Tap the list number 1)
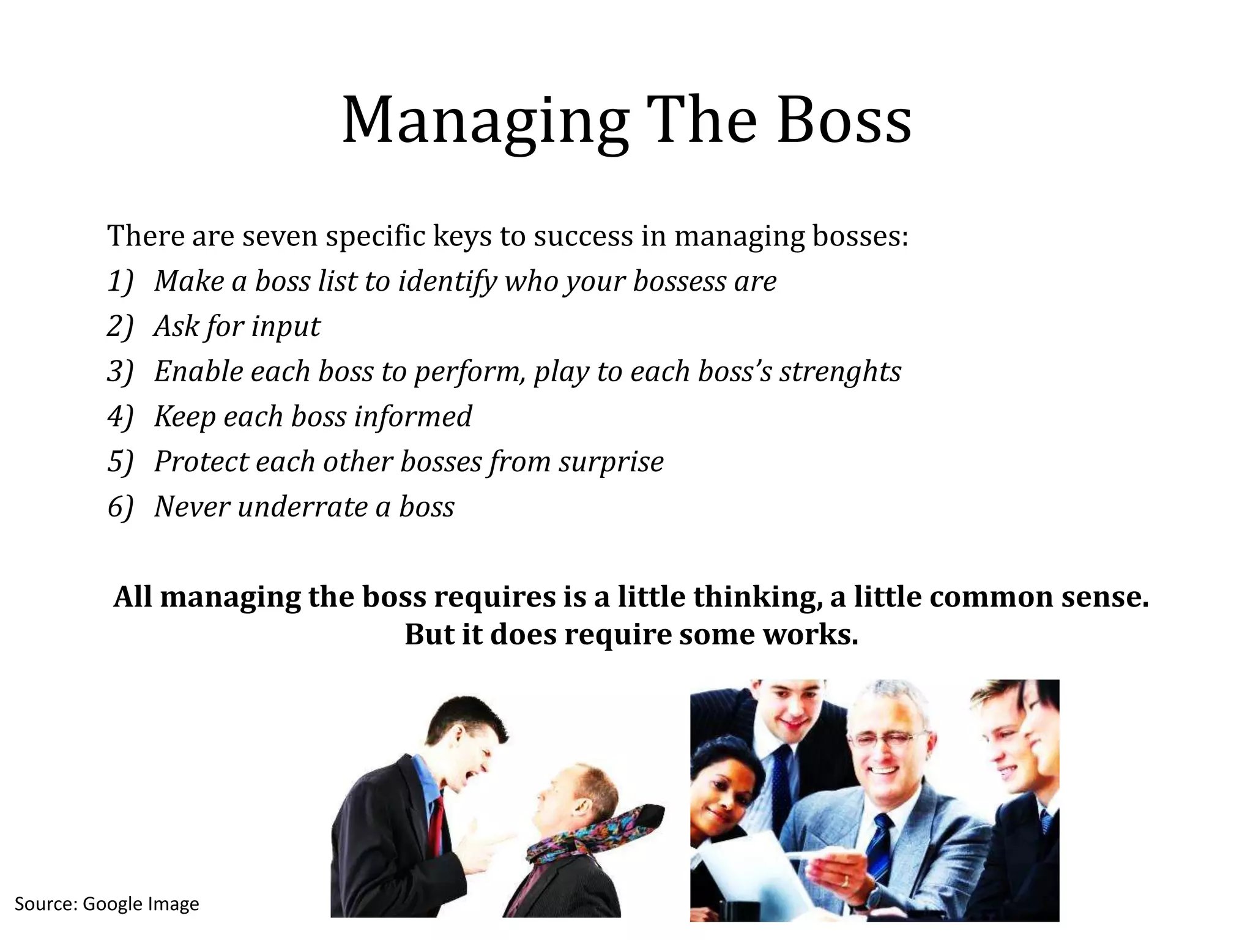[x=120, y=282]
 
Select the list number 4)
[x=120, y=417]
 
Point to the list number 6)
[x=120, y=507]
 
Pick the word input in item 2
[x=286, y=327]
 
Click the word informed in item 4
[x=413, y=417]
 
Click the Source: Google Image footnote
[x=107, y=904]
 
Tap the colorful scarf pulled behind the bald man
[x=587, y=838]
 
